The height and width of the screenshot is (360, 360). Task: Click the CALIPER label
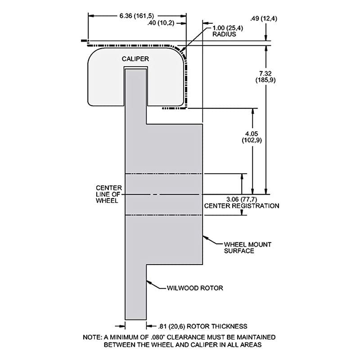135,59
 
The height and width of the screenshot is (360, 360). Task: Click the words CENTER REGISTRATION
242,206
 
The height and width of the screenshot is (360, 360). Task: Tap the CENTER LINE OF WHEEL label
108,194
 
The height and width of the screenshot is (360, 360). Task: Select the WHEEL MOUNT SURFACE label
247,247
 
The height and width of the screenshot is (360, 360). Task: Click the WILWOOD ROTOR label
195,288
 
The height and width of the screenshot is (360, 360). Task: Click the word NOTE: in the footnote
93,337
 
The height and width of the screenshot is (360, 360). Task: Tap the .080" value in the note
158,337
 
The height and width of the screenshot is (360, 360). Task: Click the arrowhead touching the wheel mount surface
205,238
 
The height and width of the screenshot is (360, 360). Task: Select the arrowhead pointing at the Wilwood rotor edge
149,282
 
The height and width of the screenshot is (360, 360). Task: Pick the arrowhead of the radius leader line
181,50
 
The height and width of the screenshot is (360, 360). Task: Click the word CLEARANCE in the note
186,337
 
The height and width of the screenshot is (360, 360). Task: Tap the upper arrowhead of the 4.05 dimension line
252,111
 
